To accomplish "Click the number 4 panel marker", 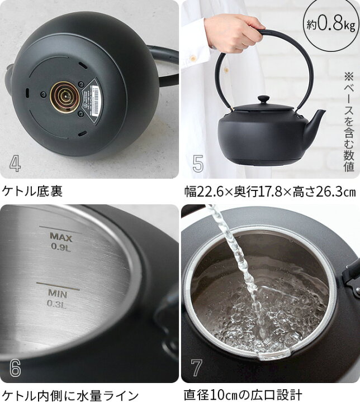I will click(x=15, y=163).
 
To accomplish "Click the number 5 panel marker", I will click(x=198, y=163).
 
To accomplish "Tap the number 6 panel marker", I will click(x=15, y=367).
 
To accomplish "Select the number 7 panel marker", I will click(x=196, y=367).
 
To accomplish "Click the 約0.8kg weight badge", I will click(x=330, y=25).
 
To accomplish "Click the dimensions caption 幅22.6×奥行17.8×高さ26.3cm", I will click(x=270, y=192).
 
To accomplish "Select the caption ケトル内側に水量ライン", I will click(x=70, y=394).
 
